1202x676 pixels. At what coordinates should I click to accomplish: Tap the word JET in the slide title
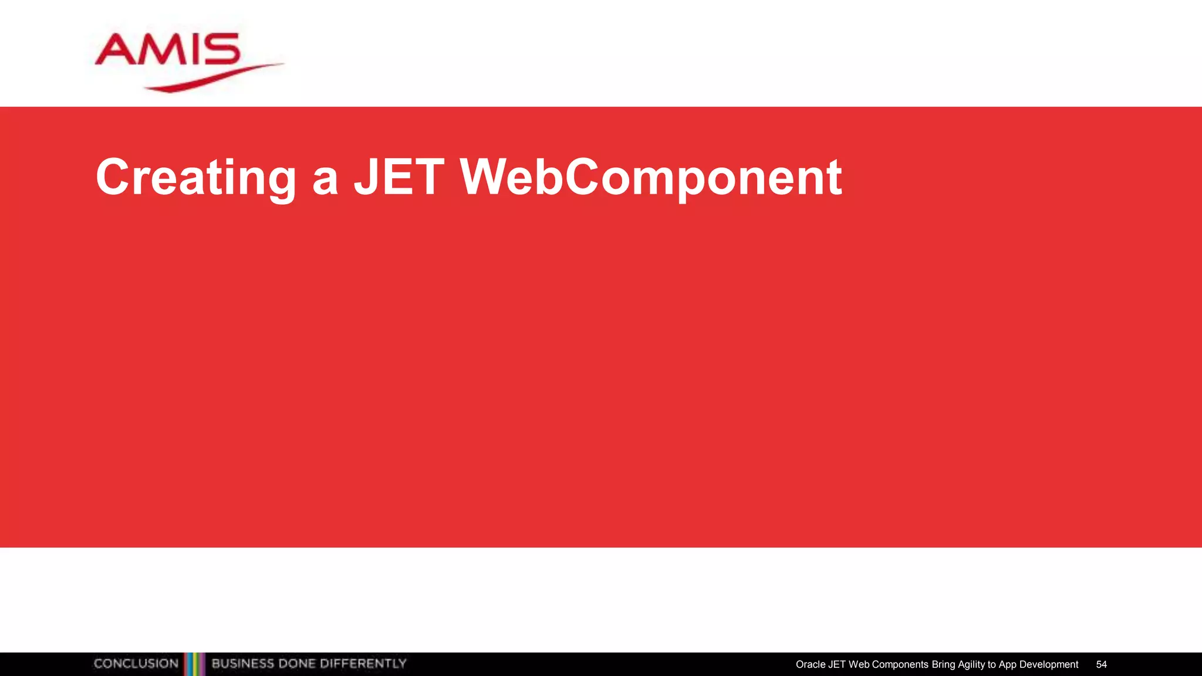coord(399,177)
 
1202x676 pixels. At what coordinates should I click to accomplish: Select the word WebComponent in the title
coord(651,177)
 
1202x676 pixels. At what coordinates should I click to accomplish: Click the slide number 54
coord(1101,664)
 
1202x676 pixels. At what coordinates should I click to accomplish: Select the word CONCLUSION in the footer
coord(136,664)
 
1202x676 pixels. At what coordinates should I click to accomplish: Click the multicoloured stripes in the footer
coord(195,664)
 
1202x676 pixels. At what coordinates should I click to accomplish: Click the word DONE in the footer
coord(297,664)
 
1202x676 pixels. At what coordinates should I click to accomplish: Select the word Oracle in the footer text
coord(810,664)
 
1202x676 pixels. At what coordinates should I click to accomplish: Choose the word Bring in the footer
coord(943,664)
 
